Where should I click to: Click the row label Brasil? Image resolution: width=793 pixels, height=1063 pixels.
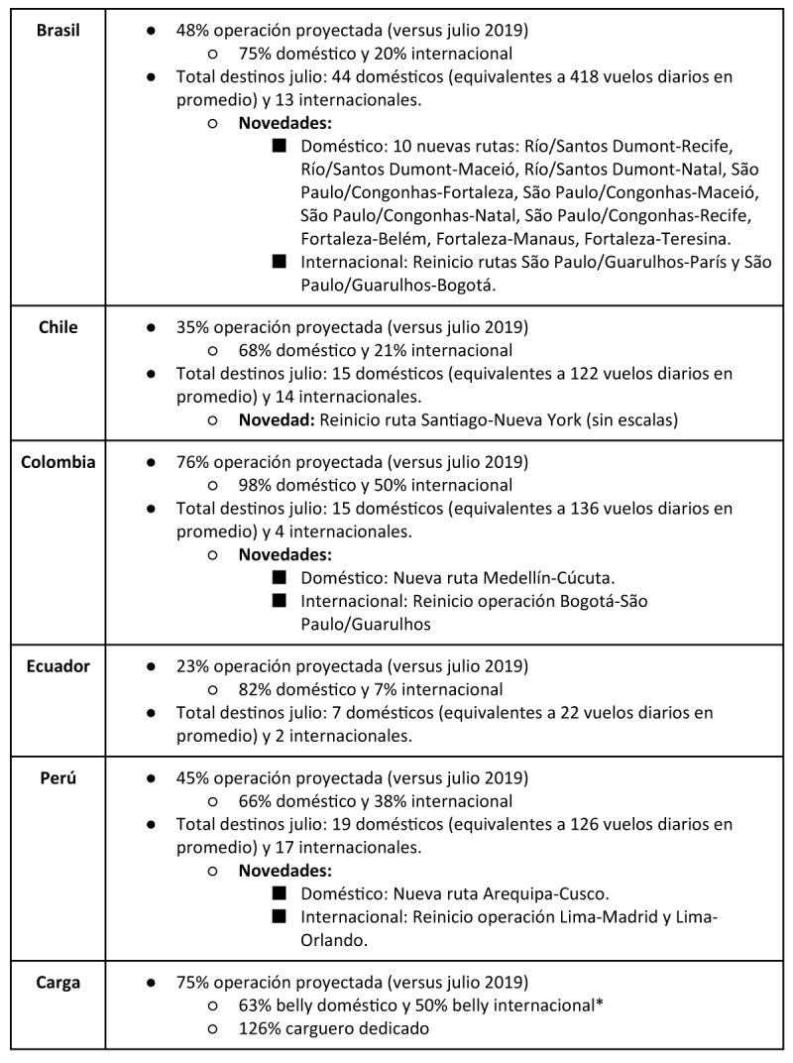[57, 30]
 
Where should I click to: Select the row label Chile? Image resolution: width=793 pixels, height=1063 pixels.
[57, 326]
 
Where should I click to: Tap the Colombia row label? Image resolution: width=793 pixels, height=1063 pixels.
[57, 462]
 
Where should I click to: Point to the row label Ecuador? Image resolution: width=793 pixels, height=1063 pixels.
[57, 665]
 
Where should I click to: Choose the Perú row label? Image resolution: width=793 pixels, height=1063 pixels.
[57, 777]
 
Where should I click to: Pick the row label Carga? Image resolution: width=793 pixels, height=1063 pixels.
[57, 982]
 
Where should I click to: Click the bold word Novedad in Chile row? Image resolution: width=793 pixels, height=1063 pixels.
[276, 419]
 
